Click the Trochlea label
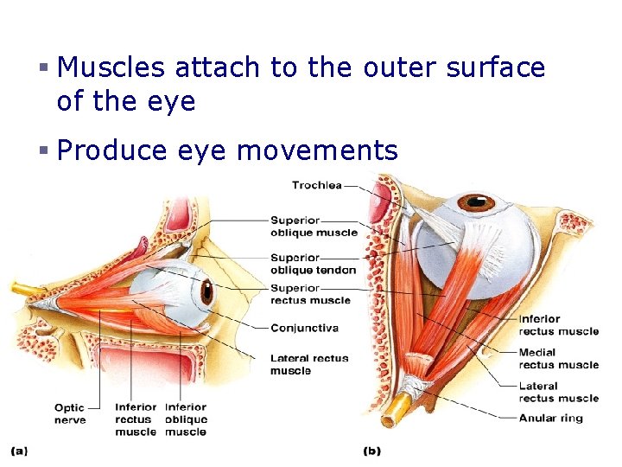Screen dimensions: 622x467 pyautogui.click(x=316, y=184)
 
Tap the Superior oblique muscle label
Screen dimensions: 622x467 pyautogui.click(x=313, y=227)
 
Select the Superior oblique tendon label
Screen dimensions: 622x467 pyautogui.click(x=313, y=264)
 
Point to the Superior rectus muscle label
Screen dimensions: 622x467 pyautogui.click(x=310, y=294)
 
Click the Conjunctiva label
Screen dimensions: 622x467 pyautogui.click(x=304, y=329)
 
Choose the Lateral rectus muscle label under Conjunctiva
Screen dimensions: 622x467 pyautogui.click(x=309, y=364)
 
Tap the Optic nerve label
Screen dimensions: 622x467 pyautogui.click(x=71, y=413)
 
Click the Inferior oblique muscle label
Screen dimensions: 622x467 pyautogui.click(x=186, y=419)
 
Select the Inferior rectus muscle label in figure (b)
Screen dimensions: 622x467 pyautogui.click(x=558, y=325)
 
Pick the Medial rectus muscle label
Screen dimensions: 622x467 pyautogui.click(x=558, y=359)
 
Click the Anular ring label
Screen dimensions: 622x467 pyautogui.click(x=550, y=419)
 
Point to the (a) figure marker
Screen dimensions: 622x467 pyautogui.click(x=19, y=451)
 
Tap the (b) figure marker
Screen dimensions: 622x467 pyautogui.click(x=371, y=451)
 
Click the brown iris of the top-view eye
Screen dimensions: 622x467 pyautogui.click(x=475, y=203)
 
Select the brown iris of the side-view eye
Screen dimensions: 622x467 pyautogui.click(x=206, y=292)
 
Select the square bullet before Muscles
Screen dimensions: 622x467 pyautogui.click(x=42, y=68)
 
